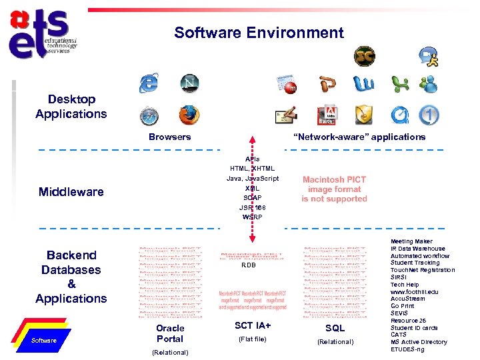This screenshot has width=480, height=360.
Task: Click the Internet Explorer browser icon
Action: (x=148, y=83)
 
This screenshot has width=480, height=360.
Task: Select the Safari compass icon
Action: (x=149, y=115)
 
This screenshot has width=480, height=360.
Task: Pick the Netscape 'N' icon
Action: (x=190, y=83)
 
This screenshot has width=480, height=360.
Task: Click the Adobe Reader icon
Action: (x=327, y=115)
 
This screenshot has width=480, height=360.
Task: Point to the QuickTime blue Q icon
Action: (x=399, y=115)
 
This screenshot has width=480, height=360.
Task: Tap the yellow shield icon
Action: (x=363, y=115)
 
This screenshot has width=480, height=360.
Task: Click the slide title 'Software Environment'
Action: (x=259, y=33)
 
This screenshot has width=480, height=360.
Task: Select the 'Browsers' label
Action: (x=169, y=137)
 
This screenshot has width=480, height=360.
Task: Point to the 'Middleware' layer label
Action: (x=71, y=192)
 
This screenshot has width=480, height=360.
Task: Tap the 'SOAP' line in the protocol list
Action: (x=252, y=198)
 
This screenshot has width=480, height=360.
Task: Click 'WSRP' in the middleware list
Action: (x=252, y=217)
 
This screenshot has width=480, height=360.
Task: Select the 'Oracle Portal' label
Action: (x=170, y=333)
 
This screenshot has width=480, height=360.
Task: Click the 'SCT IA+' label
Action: (x=253, y=325)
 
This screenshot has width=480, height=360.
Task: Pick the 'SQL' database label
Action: (x=335, y=328)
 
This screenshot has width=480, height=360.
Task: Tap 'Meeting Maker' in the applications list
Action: (x=411, y=241)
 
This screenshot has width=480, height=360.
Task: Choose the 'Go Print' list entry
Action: (x=402, y=306)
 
